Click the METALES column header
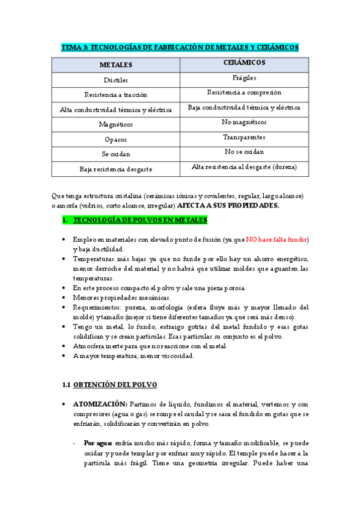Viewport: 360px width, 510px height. click(x=116, y=64)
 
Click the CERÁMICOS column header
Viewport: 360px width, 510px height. click(x=244, y=63)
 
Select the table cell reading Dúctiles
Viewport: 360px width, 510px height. click(x=116, y=79)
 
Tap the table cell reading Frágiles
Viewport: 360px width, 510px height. click(x=244, y=78)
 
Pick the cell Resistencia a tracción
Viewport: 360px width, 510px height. click(x=116, y=94)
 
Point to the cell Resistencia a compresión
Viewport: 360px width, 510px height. click(x=244, y=93)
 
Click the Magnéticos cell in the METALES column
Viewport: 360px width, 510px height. click(x=116, y=124)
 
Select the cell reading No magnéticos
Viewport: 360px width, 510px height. click(x=244, y=122)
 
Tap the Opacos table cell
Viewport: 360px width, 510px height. click(x=116, y=140)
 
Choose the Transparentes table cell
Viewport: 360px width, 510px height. click(x=244, y=137)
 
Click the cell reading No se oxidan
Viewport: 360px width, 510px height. click(x=244, y=152)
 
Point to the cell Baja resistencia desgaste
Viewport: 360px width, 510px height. click(x=116, y=170)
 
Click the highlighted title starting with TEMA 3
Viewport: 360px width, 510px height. click(x=180, y=47)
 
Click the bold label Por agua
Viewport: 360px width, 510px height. click(x=98, y=440)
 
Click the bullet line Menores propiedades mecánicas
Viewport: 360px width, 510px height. click(x=122, y=298)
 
